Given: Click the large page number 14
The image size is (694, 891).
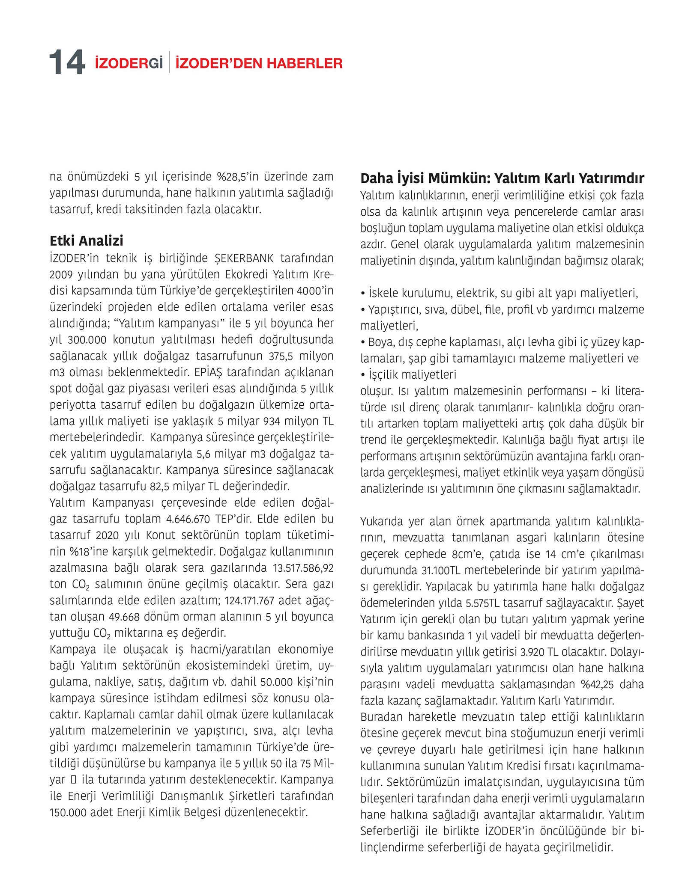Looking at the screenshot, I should [x=67, y=63].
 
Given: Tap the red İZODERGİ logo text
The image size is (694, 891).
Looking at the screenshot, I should [x=129, y=63].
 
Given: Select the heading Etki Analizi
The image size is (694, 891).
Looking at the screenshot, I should [x=87, y=241].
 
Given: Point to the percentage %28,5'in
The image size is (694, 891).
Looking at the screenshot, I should [x=239, y=177].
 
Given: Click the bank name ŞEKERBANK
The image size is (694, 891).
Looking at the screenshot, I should [x=244, y=258].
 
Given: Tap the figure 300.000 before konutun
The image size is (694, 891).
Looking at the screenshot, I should [x=87, y=340].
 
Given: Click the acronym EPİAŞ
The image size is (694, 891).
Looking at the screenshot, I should [x=206, y=372].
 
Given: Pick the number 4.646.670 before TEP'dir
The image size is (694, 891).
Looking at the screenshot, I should [x=188, y=519].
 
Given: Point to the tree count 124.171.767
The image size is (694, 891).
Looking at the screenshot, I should [x=249, y=600].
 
